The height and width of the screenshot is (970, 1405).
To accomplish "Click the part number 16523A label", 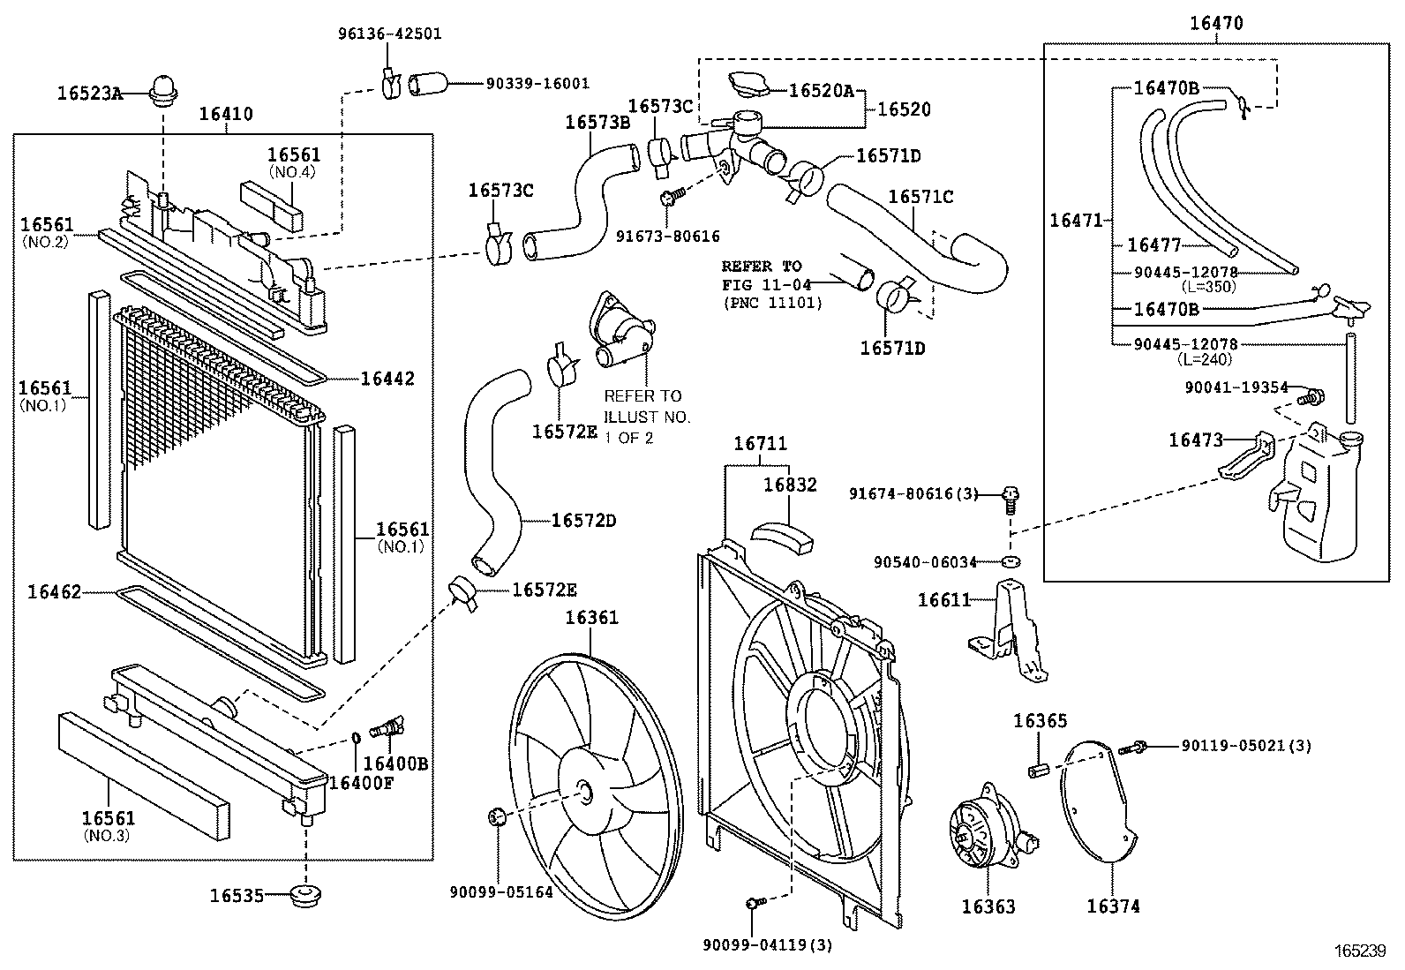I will tap(89, 93).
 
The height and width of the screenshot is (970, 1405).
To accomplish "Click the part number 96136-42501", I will tap(390, 34).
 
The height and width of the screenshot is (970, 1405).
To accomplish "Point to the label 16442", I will tap(387, 379).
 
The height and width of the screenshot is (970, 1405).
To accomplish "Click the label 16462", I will tap(54, 591).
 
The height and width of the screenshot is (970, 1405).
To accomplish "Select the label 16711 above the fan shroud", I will tap(760, 443).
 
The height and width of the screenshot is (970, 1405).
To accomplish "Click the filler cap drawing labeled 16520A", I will tap(748, 86).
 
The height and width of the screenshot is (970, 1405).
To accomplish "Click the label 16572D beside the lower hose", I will tap(583, 521).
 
